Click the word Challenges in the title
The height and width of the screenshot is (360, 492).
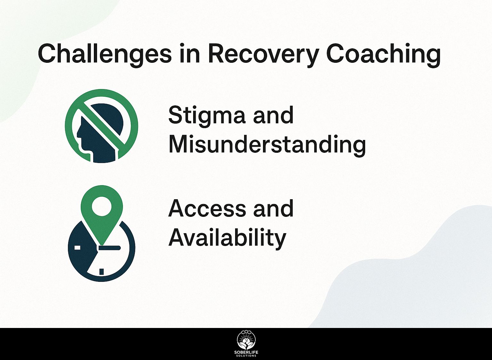pos(104,53)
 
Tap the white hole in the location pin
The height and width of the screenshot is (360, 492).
pos(102,206)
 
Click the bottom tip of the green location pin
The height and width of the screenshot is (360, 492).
pos(102,245)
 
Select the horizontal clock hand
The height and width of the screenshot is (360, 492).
pos(109,248)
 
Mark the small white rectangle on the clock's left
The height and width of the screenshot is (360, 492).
pos(77,248)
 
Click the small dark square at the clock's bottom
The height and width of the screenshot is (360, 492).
pos(102,272)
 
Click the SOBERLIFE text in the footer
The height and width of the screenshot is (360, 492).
pos(246,352)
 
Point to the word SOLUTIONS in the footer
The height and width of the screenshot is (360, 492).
pos(246,356)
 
